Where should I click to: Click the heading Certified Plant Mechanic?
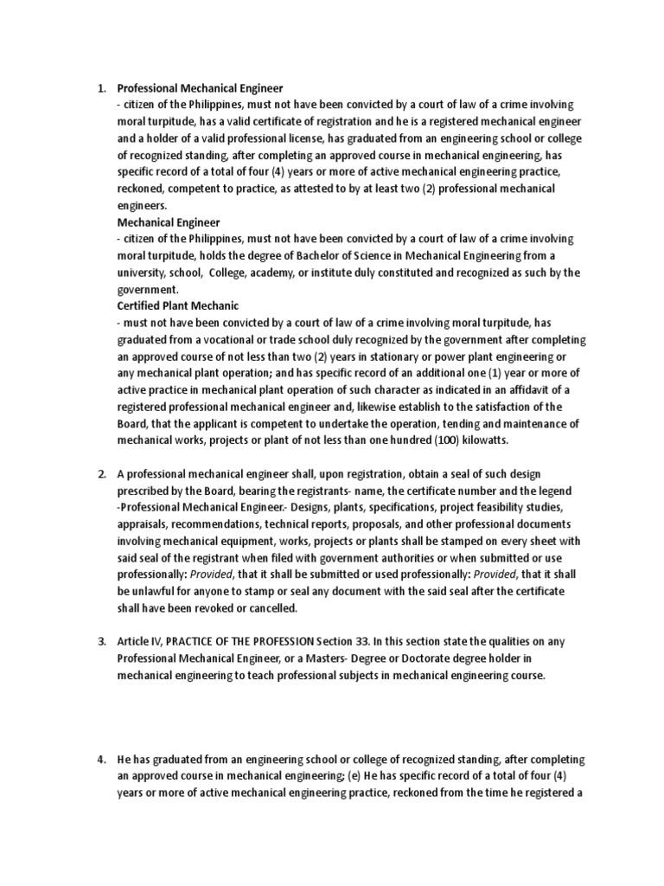click(x=178, y=305)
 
